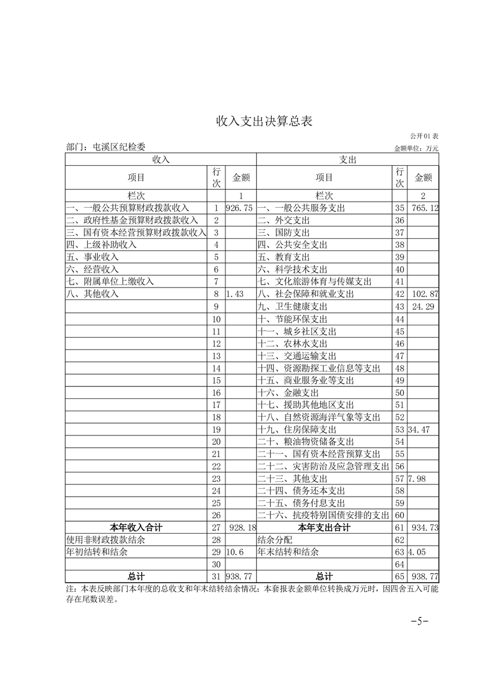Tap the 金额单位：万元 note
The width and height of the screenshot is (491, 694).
point(415,148)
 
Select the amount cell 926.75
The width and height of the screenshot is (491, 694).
point(240,208)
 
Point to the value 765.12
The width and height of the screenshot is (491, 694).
point(425,208)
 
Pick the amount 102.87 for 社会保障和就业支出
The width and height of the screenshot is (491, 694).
point(425,294)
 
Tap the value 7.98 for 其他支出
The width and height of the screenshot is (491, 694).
point(419,478)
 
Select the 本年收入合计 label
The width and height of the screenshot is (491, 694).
point(136,528)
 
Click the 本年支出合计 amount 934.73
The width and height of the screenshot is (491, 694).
point(425,528)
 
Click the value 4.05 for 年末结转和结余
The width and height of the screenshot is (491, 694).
point(419,552)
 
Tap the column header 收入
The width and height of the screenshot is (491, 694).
point(161,160)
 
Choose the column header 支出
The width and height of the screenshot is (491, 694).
point(347,160)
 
